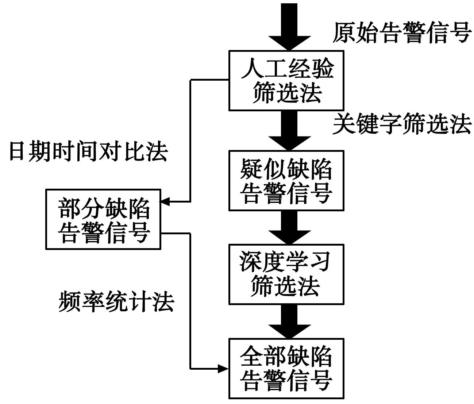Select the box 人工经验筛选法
[x=286, y=80]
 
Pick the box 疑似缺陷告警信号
[x=286, y=181]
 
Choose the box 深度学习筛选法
[x=286, y=274]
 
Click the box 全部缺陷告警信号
[x=286, y=368]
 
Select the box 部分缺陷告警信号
[x=103, y=219]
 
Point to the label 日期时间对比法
[x=88, y=151]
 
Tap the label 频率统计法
[x=116, y=301]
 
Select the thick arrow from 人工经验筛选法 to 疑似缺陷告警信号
[x=290, y=130]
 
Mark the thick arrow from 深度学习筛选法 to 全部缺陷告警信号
[x=290, y=321]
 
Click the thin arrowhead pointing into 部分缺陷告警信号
[x=165, y=201]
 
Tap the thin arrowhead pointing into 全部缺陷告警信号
[x=223, y=368]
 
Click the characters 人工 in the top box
[x=263, y=68]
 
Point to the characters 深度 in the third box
[x=262, y=262]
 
